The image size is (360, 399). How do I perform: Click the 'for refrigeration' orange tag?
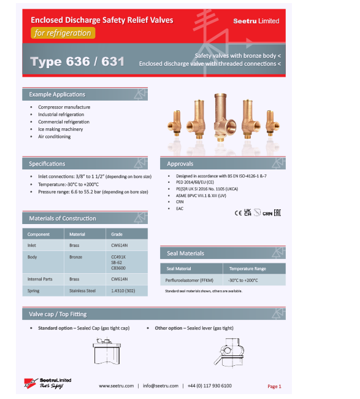coord(63,33)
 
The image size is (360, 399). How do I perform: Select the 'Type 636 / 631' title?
coord(77,61)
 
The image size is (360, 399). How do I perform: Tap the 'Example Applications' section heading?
coord(57,95)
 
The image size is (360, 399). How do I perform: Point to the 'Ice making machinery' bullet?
coord(60,129)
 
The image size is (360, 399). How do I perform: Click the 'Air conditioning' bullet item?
coord(54,136)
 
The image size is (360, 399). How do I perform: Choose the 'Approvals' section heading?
coord(180,164)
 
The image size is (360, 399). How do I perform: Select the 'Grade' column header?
coord(117,234)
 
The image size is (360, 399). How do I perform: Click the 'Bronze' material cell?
coord(75,257)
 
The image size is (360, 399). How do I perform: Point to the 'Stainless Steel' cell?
coord(82,290)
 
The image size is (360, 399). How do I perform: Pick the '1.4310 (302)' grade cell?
coord(123,290)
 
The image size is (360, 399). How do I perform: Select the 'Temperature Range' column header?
coord(248,268)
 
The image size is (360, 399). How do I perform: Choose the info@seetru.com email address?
coord(161,385)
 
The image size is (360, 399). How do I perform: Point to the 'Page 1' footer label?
coord(274,386)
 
